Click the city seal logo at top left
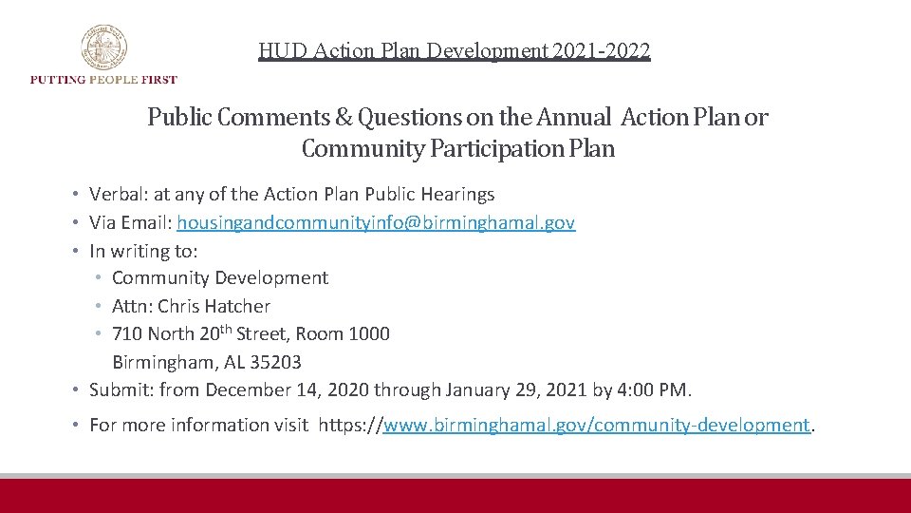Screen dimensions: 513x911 pos(103,47)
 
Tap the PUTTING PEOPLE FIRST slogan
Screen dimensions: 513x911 pos(103,80)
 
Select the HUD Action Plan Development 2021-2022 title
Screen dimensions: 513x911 pos(455,50)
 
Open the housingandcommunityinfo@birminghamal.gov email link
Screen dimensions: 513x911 pos(376,223)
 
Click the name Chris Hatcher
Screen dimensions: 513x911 pos(214,306)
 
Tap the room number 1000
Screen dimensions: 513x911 pos(368,334)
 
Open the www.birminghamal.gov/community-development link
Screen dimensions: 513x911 pos(596,425)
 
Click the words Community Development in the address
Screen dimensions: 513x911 pos(220,278)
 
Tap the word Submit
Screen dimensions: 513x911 pos(120,389)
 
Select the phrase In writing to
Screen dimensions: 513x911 pos(143,251)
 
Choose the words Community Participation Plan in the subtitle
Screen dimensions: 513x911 pos(457,149)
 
